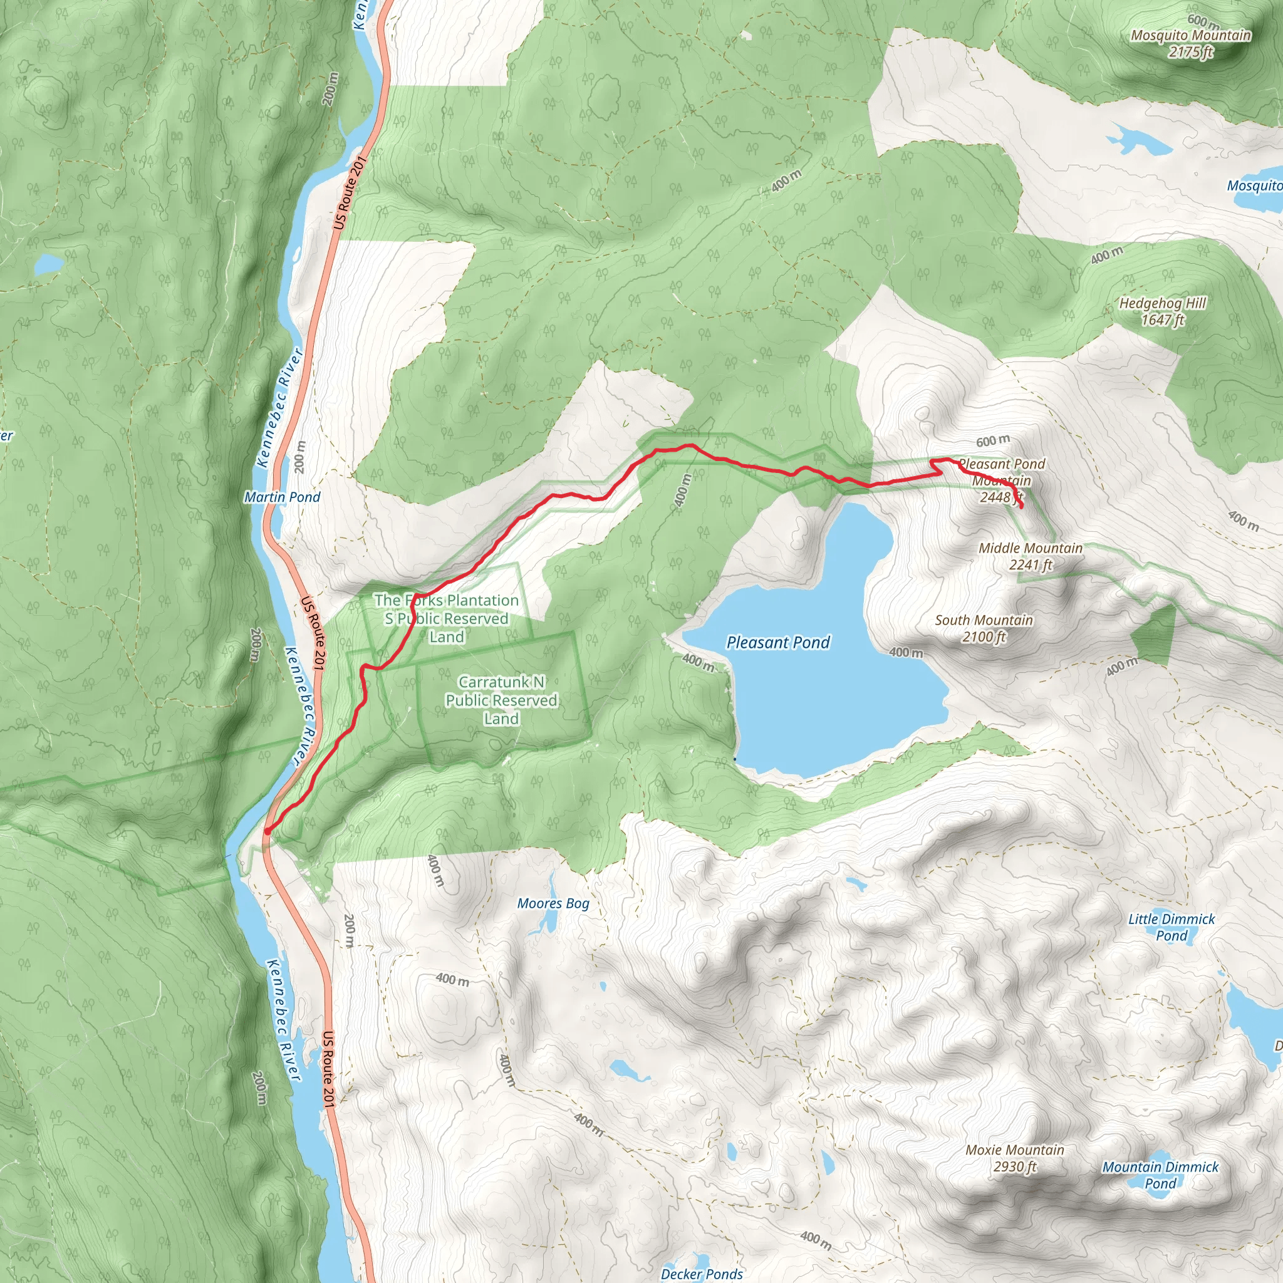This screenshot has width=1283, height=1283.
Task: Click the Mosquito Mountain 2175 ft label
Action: pos(1191,43)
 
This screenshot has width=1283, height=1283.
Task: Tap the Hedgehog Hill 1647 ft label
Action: pos(1163,311)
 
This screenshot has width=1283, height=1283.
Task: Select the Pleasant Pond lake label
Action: pos(777,642)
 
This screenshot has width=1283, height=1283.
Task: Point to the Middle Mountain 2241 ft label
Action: pos(1031,556)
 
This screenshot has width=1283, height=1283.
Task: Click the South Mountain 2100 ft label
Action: pos(984,628)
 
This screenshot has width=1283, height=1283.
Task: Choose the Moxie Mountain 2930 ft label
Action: pos(1015,1158)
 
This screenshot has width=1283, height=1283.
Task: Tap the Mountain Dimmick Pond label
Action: pos(1161,1175)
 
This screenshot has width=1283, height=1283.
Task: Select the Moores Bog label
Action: pos(553,903)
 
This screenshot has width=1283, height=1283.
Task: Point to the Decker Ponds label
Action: pos(702,1274)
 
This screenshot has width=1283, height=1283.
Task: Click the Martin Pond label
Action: pos(283,497)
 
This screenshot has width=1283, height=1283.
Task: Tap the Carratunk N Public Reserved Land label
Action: pos(501,700)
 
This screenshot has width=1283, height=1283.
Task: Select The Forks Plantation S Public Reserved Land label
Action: pos(446,618)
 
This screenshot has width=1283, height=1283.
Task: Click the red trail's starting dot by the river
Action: pos(267,831)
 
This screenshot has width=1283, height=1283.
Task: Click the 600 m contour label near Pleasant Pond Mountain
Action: pos(993,441)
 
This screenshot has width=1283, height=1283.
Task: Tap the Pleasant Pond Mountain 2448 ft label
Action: pos(1002,480)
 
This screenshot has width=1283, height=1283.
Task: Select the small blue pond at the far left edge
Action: pos(48,264)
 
